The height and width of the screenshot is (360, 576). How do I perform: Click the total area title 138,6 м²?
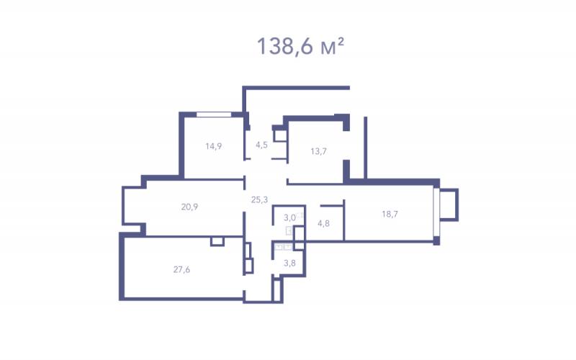[x=300, y=47]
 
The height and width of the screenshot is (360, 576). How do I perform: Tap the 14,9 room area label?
[x=213, y=146]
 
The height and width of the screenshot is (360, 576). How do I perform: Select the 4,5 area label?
[x=261, y=145]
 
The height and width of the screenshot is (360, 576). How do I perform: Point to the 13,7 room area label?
[x=318, y=151]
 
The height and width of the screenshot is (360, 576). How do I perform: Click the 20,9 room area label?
[x=189, y=207]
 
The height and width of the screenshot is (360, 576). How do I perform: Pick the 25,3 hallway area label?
[x=259, y=199]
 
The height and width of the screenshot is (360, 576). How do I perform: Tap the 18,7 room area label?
[x=390, y=214]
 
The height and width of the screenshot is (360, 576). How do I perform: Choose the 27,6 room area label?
[x=181, y=269]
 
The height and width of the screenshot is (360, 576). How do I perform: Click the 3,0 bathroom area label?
[x=289, y=217]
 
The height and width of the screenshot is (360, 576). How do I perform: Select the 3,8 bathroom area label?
[x=289, y=263]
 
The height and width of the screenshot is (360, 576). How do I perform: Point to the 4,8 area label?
[x=323, y=223]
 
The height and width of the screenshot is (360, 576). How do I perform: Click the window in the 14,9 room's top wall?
[x=214, y=114]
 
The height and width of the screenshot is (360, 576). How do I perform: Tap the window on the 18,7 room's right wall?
[x=436, y=212]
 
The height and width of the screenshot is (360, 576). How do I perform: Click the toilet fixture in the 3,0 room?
[x=289, y=230]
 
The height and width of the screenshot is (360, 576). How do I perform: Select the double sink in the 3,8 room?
[x=283, y=246]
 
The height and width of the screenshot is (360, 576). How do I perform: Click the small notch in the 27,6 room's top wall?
[x=217, y=241]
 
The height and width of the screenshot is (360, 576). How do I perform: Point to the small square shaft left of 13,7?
[x=279, y=135]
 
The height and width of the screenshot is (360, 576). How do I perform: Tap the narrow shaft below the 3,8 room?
[x=277, y=291]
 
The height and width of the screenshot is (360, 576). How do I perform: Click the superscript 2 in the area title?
[x=341, y=42]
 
